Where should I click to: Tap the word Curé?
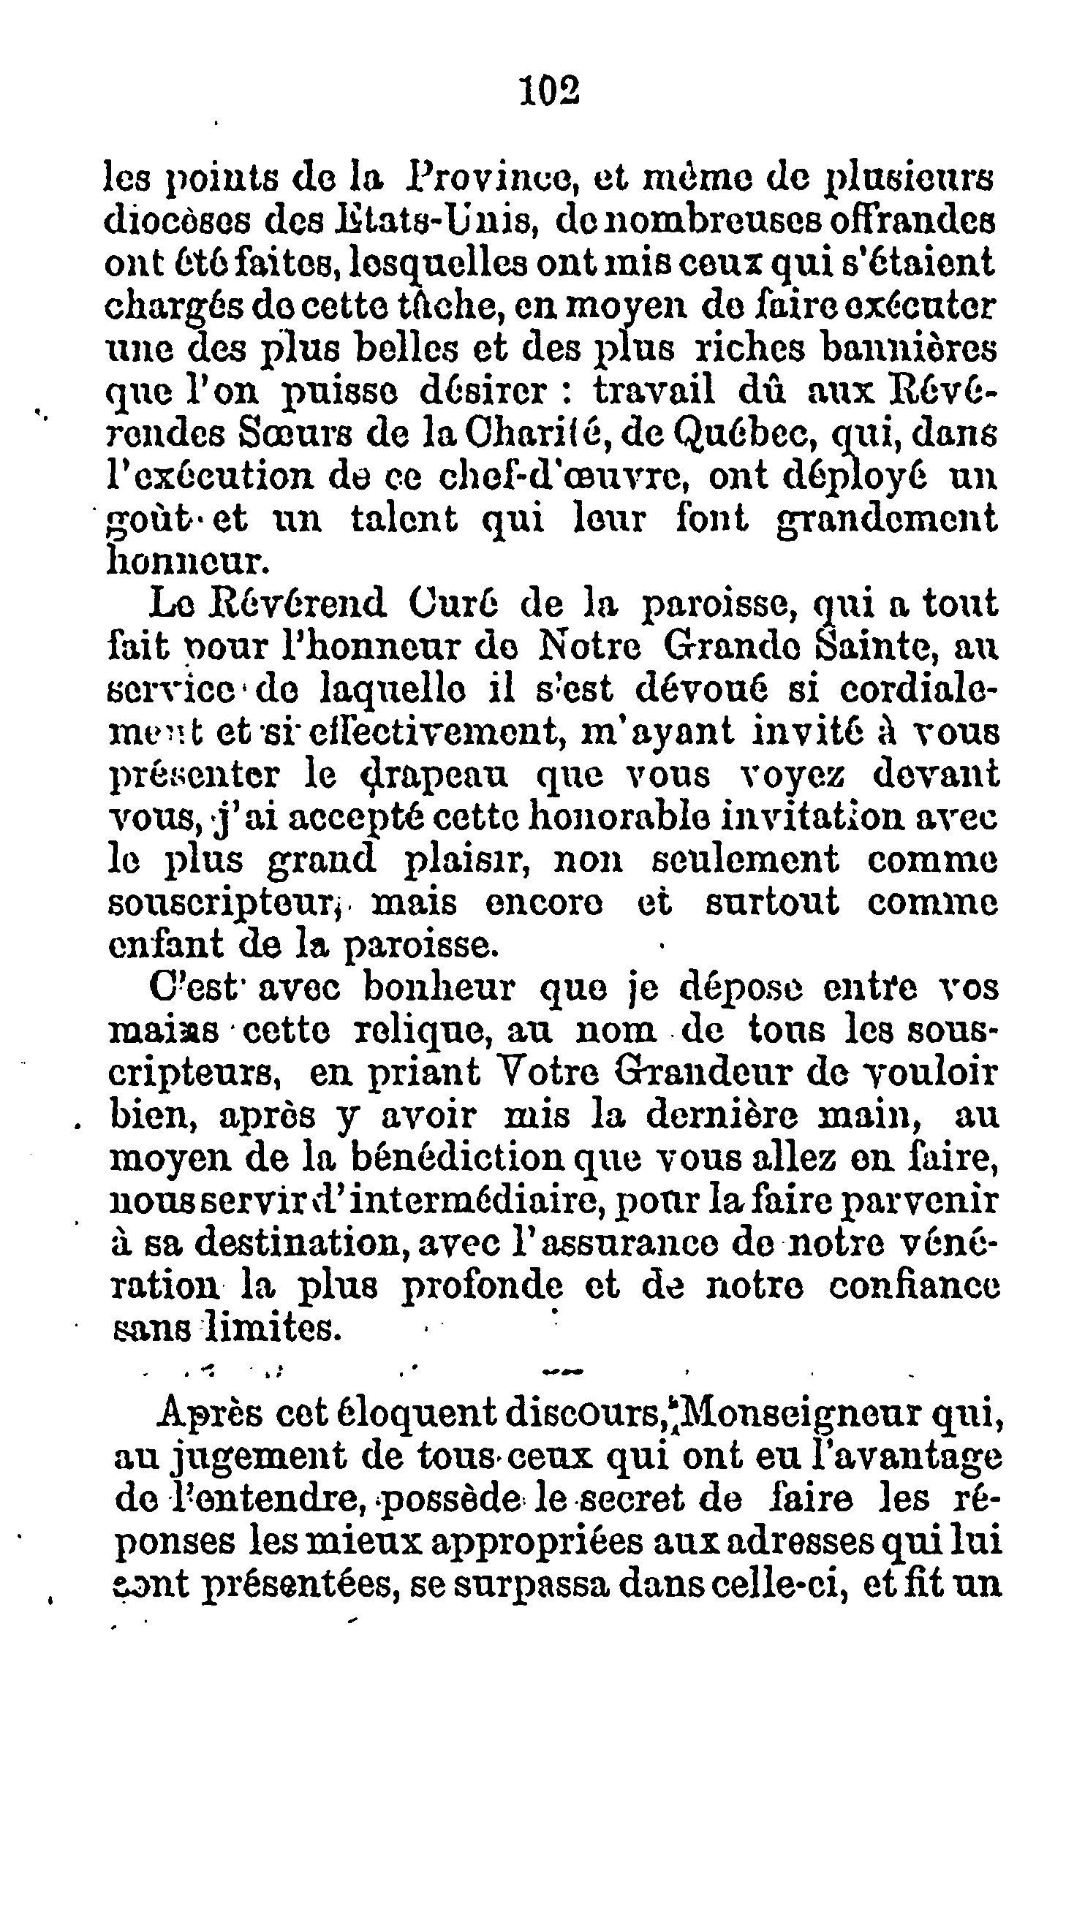point(453,604)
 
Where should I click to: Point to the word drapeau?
point(439,774)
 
